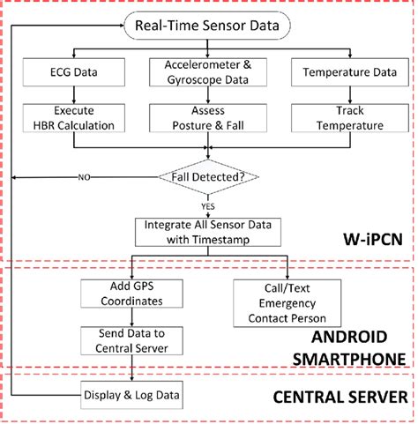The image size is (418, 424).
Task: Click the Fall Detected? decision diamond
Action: (x=208, y=177)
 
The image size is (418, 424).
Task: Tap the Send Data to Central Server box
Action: (x=130, y=341)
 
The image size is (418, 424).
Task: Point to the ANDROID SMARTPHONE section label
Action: (x=351, y=349)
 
